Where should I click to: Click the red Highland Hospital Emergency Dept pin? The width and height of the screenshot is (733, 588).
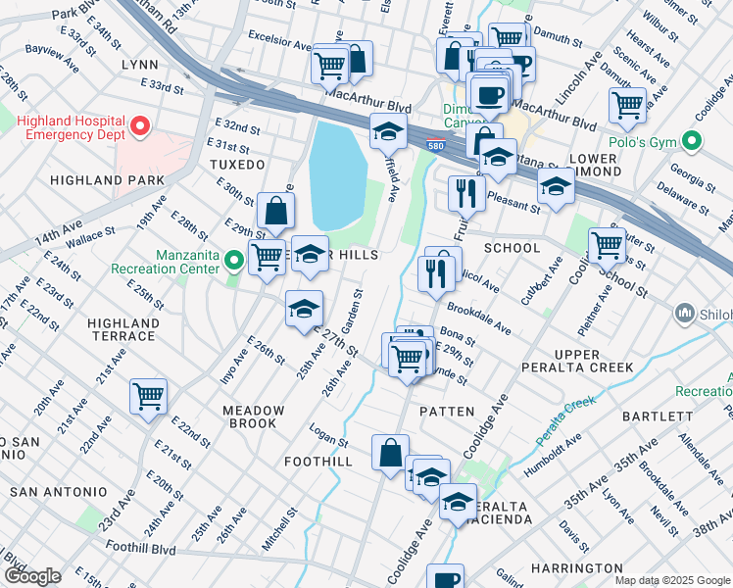pos(140,125)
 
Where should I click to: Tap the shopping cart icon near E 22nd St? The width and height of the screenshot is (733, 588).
pos(149,397)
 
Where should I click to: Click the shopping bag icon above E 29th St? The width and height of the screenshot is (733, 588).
pos(276,210)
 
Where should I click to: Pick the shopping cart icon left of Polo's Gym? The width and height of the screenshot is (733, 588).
pos(626,105)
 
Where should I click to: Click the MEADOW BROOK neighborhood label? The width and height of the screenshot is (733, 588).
pos(253,417)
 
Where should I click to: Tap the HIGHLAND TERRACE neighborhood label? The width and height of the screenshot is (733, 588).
pos(122,329)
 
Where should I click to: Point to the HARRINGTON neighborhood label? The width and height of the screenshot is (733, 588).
pos(576,568)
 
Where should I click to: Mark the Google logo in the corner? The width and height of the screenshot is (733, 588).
pos(32,576)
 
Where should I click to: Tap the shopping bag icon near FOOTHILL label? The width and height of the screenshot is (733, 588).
pos(390,453)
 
